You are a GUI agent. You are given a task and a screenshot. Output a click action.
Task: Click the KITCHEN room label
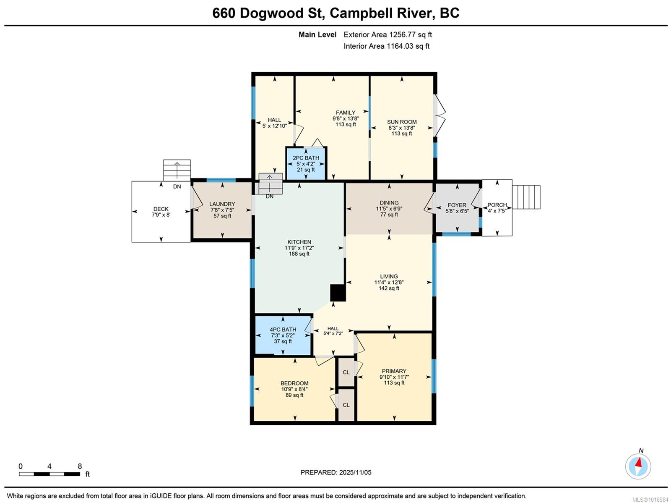pyautogui.click(x=299, y=242)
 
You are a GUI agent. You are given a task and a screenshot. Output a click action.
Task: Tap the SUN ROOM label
pyautogui.click(x=402, y=122)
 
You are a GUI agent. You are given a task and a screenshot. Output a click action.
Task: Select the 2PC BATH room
pyautogui.click(x=306, y=164)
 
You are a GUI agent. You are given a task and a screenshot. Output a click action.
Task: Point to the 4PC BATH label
pyautogui.click(x=283, y=330)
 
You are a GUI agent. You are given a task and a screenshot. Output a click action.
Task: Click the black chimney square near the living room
pyautogui.click(x=338, y=293)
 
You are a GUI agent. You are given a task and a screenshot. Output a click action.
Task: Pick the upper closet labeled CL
pyautogui.click(x=346, y=372)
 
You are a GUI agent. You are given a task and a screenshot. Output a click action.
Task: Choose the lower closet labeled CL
pyautogui.click(x=346, y=405)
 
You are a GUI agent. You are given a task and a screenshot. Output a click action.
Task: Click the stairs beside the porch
pyautogui.click(x=526, y=197)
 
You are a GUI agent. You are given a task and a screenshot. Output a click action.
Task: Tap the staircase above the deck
pyautogui.click(x=177, y=170)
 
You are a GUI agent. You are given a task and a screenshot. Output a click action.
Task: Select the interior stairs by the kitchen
pyautogui.click(x=270, y=183)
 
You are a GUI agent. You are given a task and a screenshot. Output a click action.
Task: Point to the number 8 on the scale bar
pyautogui.click(x=80, y=466)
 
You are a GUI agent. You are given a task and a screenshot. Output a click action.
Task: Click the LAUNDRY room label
pyautogui.click(x=222, y=204)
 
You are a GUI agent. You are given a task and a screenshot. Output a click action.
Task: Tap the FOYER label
pyautogui.click(x=457, y=205)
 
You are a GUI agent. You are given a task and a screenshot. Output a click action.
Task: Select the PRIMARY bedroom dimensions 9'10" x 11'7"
pyautogui.click(x=394, y=377)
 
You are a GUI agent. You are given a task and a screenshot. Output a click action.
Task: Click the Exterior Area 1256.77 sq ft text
pyautogui.click(x=388, y=34)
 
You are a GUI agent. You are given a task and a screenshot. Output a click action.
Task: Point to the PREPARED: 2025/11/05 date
pyautogui.click(x=336, y=472)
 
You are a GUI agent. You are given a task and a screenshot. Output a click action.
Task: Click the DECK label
pyautogui.click(x=161, y=209)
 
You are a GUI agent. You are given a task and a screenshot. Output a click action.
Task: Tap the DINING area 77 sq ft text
pyautogui.click(x=389, y=215)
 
